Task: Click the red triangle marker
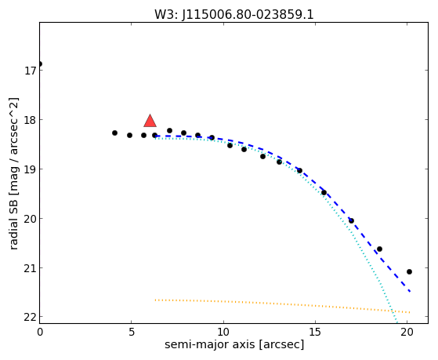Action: click(150, 121)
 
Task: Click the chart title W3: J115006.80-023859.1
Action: click(234, 15)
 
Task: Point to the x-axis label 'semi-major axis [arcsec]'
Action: click(234, 344)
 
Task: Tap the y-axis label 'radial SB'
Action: click(13, 225)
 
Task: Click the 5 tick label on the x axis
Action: click(132, 333)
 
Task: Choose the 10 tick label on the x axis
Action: click(223, 333)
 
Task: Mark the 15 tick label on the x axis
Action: click(315, 333)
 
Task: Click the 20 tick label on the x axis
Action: click(407, 333)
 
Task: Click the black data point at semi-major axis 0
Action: click(40, 64)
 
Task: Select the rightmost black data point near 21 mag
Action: click(409, 271)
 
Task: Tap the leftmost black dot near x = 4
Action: click(114, 133)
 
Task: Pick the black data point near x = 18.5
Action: click(379, 249)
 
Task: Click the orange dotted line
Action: click(282, 304)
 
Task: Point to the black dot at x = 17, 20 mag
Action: click(351, 220)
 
